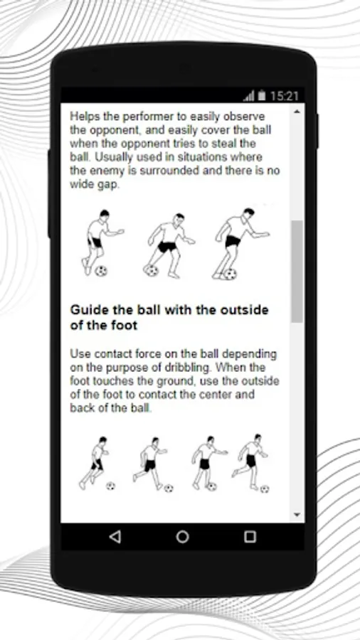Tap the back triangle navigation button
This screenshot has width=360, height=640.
[x=115, y=536]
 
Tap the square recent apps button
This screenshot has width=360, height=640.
[x=250, y=536]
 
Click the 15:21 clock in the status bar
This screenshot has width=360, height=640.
[x=285, y=96]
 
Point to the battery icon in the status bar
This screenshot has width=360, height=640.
[x=262, y=96]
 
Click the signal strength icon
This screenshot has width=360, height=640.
[x=248, y=96]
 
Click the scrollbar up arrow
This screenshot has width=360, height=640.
[x=297, y=112]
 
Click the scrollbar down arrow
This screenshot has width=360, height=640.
[x=297, y=515]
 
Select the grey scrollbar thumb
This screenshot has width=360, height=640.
[x=297, y=272]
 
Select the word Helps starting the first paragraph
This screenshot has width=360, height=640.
[x=85, y=117]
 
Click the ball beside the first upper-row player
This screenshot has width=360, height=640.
[x=101, y=271]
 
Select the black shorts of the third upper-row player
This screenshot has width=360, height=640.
[x=233, y=241]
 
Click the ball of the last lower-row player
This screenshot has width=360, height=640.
[x=265, y=489]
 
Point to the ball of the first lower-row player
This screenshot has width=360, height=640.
[x=110, y=486]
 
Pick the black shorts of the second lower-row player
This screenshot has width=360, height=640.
[x=150, y=465]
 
